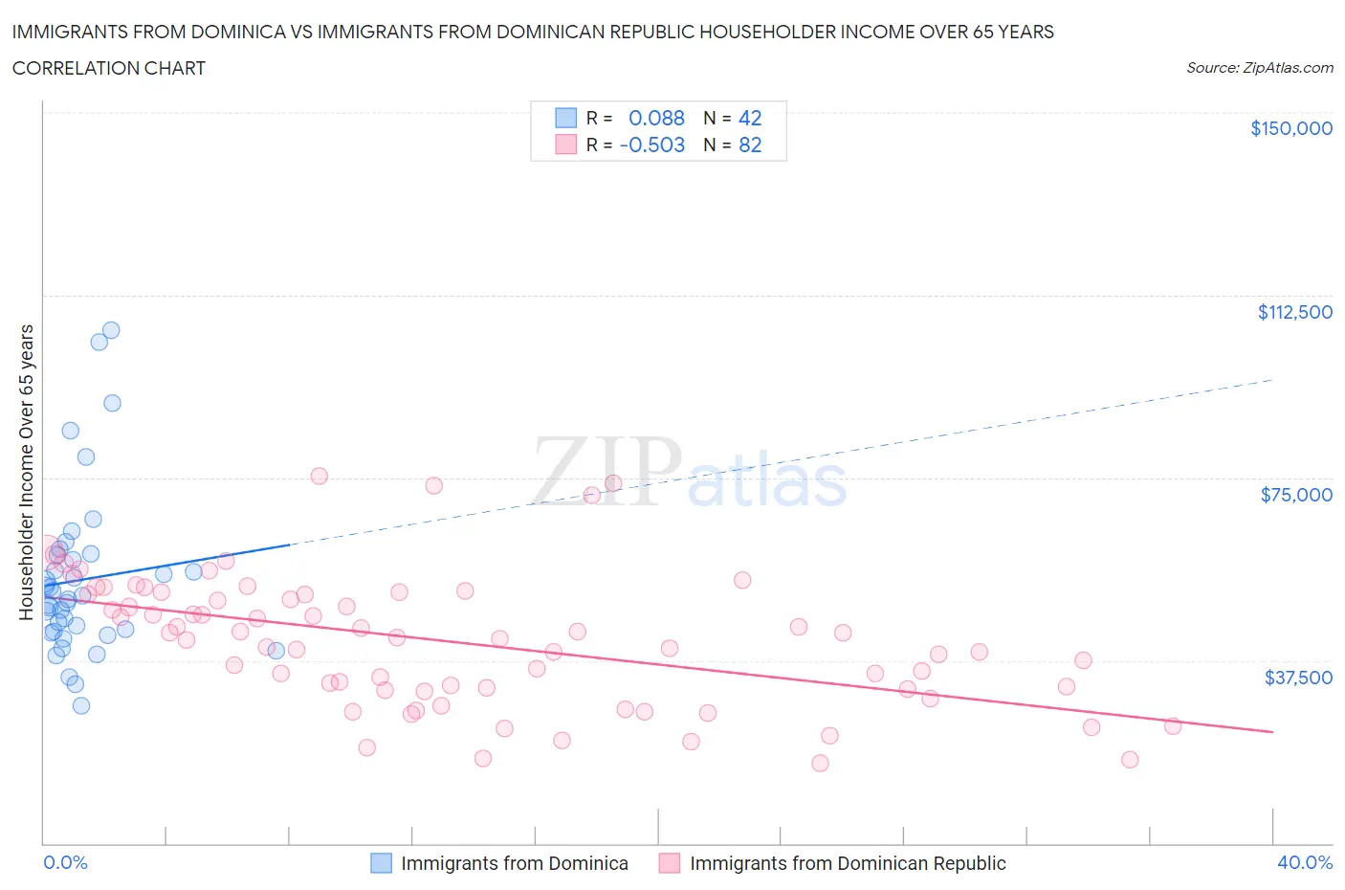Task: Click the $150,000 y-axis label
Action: coord(1290,128)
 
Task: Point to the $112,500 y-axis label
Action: coord(1294,312)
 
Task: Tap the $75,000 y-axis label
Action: coord(1296,495)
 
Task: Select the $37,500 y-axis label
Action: coord(1297,678)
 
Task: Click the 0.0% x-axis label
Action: coord(65,862)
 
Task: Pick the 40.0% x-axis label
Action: coord(1305,862)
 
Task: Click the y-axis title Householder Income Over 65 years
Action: coord(27,472)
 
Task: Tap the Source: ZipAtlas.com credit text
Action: coord(1259,68)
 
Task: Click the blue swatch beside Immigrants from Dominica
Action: coord(381,863)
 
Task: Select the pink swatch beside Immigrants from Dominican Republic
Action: coord(670,863)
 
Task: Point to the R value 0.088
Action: coord(656,118)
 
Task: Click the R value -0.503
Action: coord(652,145)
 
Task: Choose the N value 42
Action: coord(750,118)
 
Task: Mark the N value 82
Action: coord(750,145)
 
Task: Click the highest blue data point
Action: coord(111,330)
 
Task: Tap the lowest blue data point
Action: coord(81,705)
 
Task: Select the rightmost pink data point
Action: coord(1173,725)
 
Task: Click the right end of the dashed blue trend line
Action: coord(1272,380)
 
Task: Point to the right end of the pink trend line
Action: coord(1272,732)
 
